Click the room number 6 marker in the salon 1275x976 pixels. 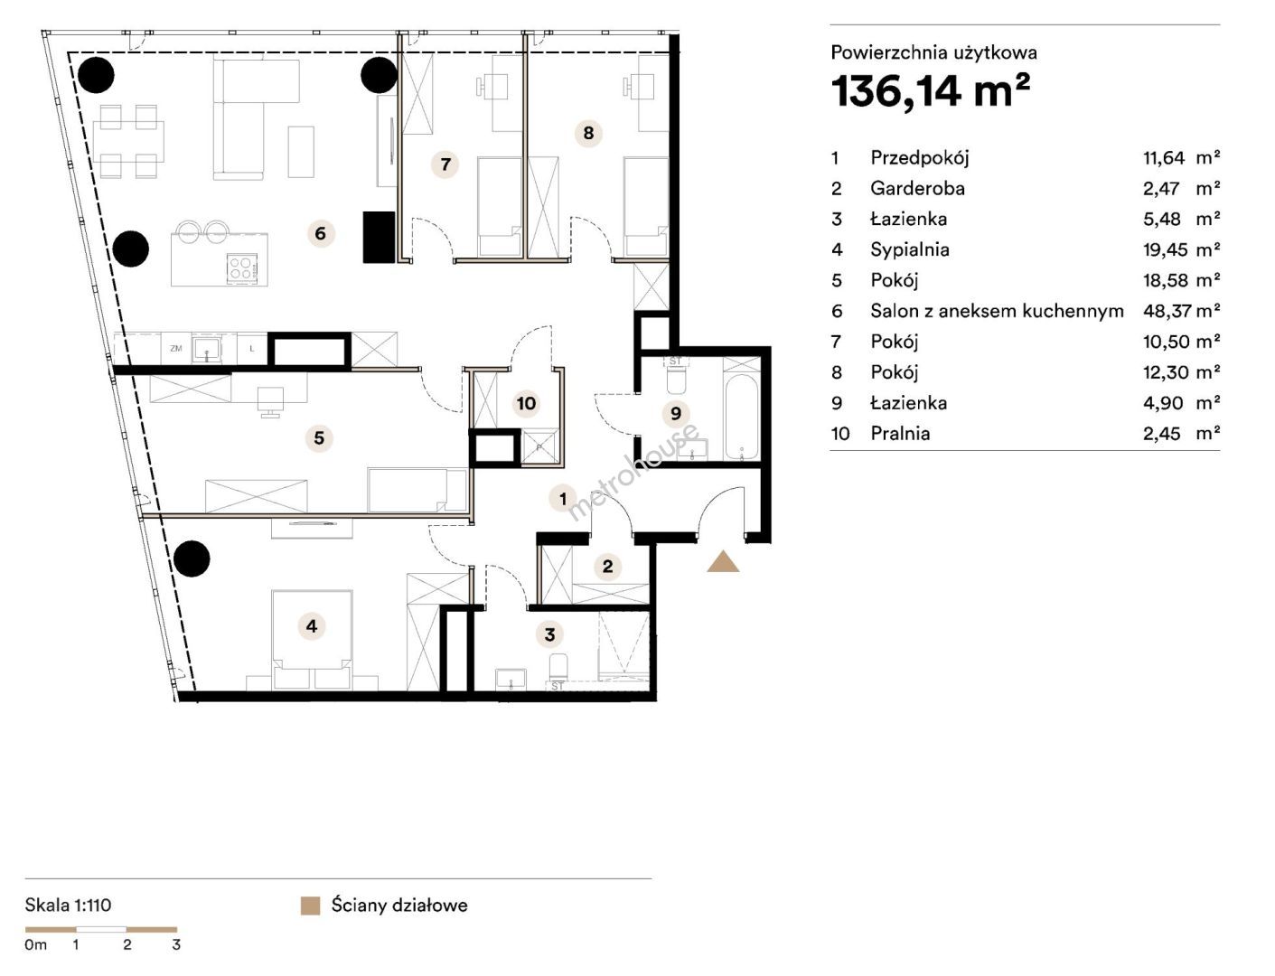320,233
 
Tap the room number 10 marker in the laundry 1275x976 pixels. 526,403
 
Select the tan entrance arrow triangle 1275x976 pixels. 723,562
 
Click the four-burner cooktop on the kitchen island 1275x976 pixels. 239,267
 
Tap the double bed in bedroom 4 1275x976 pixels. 312,640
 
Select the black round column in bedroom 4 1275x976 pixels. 192,558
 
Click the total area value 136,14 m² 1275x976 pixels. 931,91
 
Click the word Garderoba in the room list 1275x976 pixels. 917,188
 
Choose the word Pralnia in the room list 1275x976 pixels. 900,434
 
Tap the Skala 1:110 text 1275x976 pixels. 68,906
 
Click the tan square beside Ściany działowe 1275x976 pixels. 310,906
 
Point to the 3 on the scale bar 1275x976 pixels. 176,944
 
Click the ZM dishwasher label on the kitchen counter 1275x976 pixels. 176,349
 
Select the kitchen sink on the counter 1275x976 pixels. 206,349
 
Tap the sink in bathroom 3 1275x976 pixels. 511,679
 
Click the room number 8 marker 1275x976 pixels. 588,133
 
